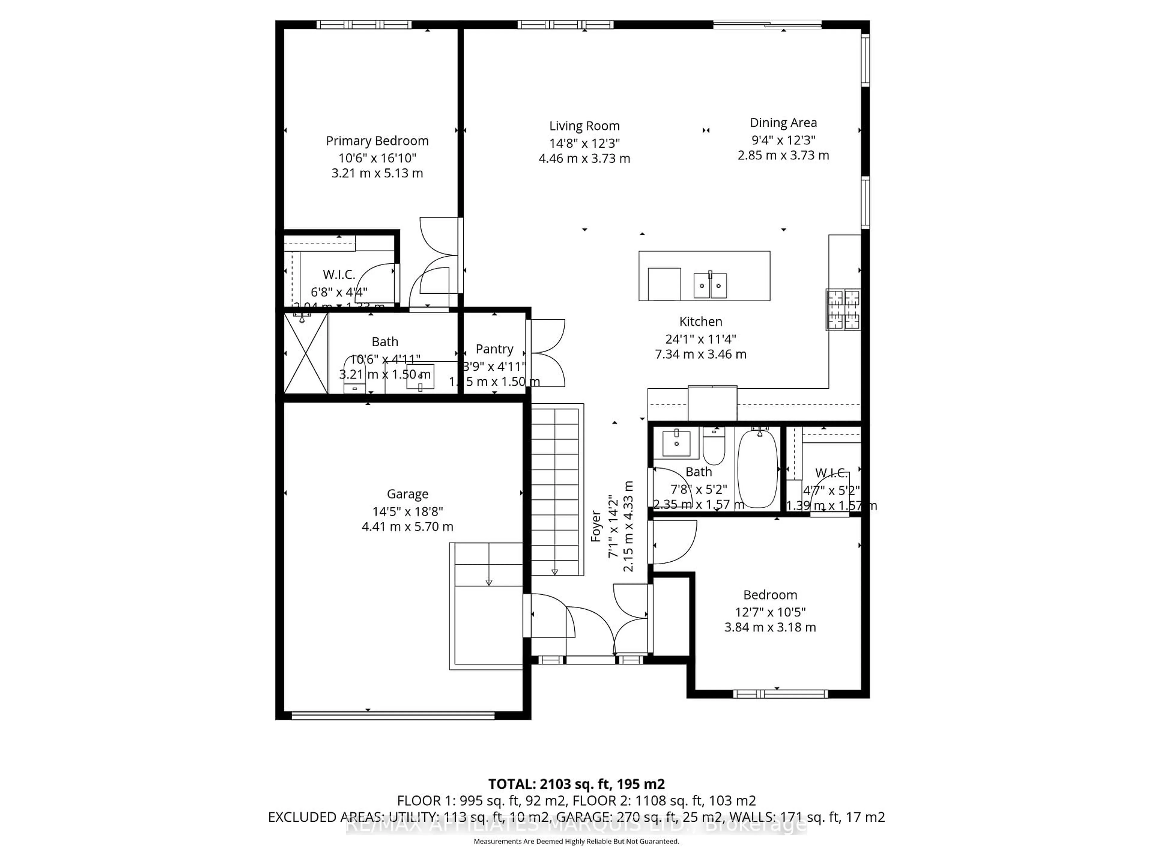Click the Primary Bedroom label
coord(377,141)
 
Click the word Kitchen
coord(701,322)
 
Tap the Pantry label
coord(494,349)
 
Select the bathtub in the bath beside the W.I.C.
coord(757,468)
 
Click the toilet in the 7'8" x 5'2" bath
coord(714,447)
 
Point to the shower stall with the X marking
coord(305,354)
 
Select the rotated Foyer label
coord(596,526)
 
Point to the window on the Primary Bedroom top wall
coord(364,25)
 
